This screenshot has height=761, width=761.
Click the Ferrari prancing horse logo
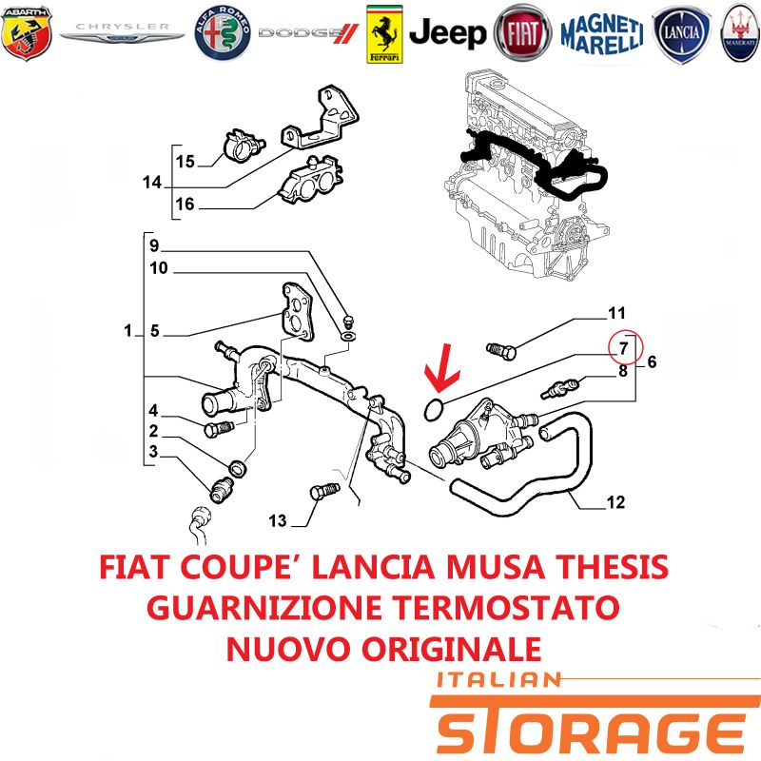click(x=384, y=34)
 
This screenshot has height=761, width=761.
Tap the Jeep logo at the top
click(x=447, y=33)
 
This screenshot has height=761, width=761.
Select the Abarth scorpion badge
click(x=27, y=33)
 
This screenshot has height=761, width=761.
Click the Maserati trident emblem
click(x=741, y=33)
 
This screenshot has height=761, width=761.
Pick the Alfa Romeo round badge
click(x=223, y=33)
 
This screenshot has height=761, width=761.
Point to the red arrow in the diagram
click(x=440, y=369)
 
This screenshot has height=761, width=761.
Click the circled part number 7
click(x=625, y=347)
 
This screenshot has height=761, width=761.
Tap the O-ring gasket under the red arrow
click(x=434, y=410)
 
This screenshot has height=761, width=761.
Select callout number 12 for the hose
click(x=615, y=502)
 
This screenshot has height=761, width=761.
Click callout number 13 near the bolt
click(x=278, y=520)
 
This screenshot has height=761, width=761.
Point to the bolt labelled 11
click(x=500, y=350)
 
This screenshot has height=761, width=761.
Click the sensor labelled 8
click(x=561, y=389)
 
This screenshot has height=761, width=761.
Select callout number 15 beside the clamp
click(x=185, y=161)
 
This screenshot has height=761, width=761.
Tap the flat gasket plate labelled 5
click(x=298, y=312)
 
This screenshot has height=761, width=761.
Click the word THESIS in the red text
click(x=612, y=566)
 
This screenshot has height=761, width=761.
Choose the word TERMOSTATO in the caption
click(x=505, y=608)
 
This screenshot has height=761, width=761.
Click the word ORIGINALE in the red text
click(x=451, y=649)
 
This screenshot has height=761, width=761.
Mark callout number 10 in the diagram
click(x=159, y=268)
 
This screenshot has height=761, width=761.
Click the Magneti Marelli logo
click(x=602, y=34)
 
